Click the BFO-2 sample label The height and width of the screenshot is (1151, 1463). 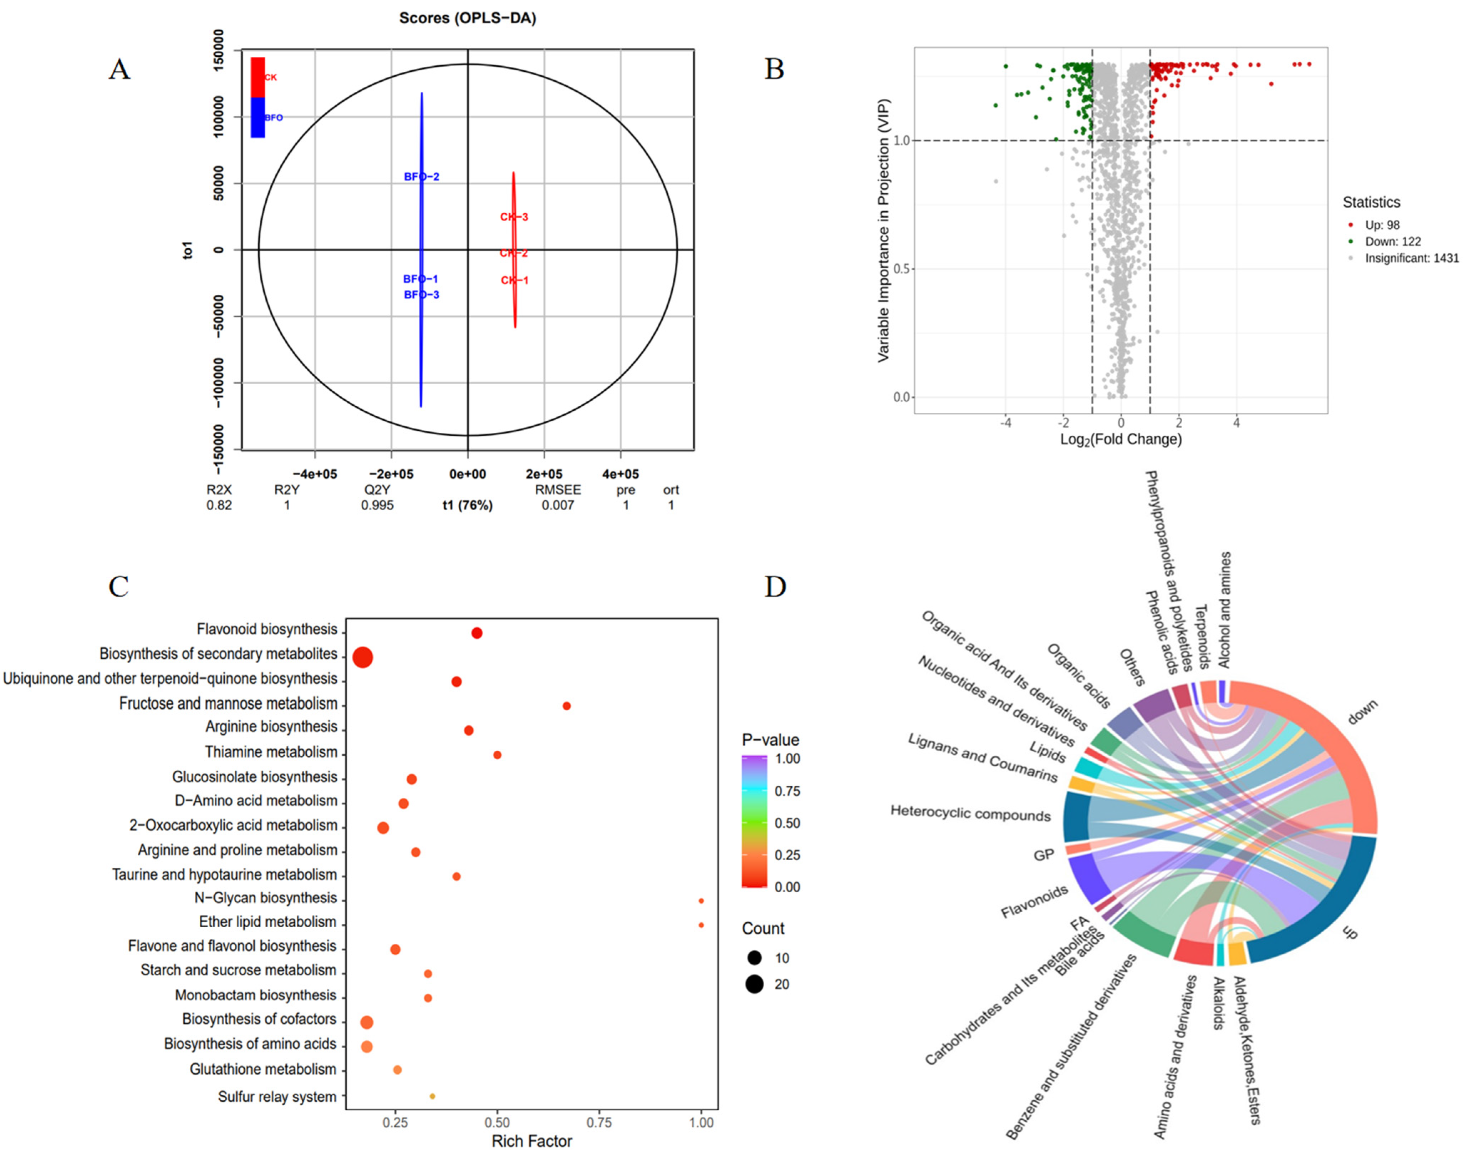coord(422,177)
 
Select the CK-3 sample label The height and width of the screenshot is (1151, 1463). coord(514,217)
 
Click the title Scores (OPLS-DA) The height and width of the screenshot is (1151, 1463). coord(468,18)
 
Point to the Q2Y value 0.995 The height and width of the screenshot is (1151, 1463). coord(377,506)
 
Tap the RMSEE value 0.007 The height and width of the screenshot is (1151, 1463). coord(558,506)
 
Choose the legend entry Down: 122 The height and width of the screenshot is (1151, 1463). coord(1392,241)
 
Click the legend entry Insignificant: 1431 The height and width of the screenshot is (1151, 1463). coord(1411,258)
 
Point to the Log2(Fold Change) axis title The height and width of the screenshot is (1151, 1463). coord(1121,439)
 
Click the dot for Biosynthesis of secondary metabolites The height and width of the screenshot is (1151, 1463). coord(363,657)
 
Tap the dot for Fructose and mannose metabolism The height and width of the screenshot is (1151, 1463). coord(566,706)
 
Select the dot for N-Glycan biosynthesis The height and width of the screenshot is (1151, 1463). coord(701,900)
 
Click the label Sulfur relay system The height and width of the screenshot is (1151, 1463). coord(277,1096)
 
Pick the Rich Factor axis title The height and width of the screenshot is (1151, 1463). coord(531,1141)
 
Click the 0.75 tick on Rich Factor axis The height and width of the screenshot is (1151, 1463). coord(599,1122)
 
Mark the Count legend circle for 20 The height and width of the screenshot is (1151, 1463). coord(754,984)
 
